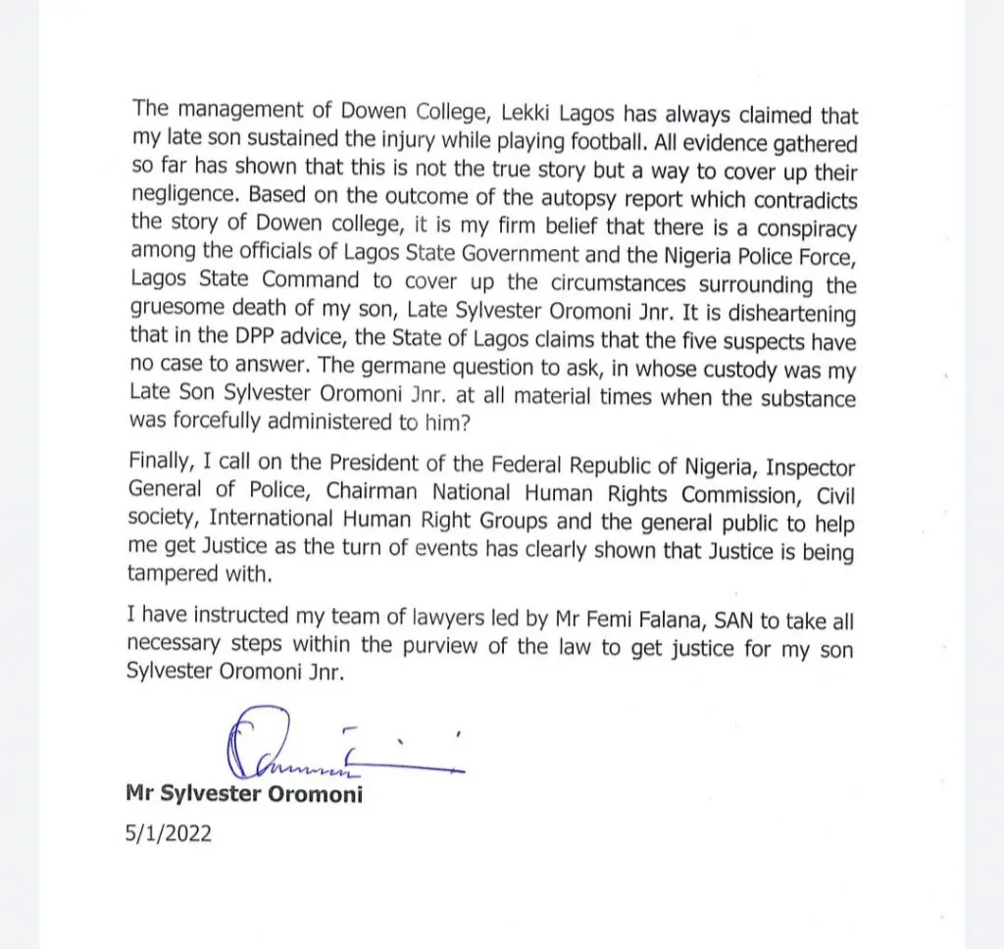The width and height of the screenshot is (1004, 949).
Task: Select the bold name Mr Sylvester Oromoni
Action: point(245,794)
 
